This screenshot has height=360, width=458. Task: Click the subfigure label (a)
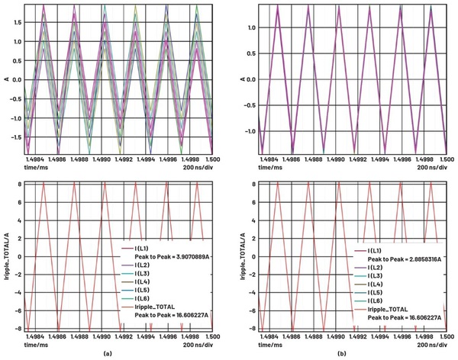[116, 353]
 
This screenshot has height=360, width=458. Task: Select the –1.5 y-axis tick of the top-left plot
[17, 139]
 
